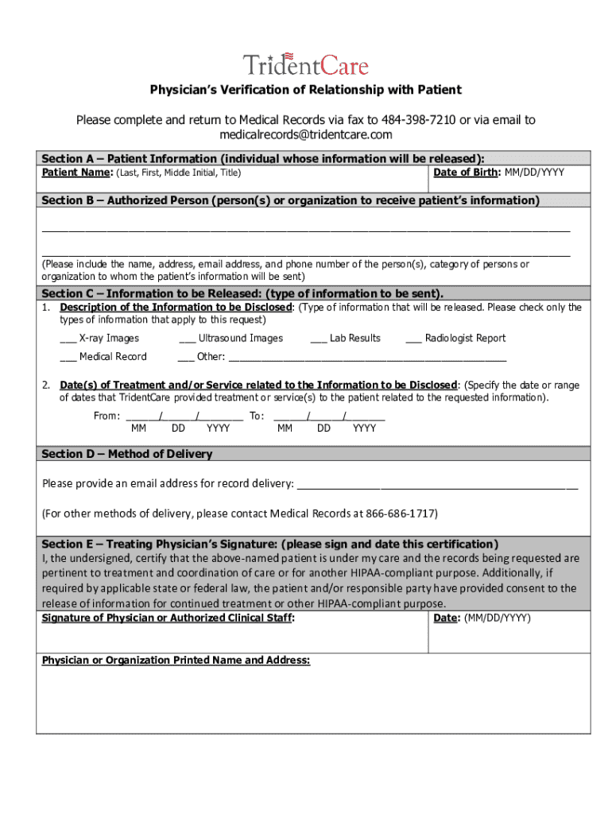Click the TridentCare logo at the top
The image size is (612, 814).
coord(306,64)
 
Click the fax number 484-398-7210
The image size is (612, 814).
coord(419,120)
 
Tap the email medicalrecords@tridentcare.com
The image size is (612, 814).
coord(306,135)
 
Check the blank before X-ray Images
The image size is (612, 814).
coord(68,339)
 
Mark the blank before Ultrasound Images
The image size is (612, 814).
coord(187,339)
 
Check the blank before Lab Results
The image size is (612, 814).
coord(318,339)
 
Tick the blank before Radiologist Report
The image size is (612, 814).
coord(413,339)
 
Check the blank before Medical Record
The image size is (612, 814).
coord(68,358)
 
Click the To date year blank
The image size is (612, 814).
coord(366,415)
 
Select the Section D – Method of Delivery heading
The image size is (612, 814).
coord(127,454)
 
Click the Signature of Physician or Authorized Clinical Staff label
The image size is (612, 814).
coord(168,618)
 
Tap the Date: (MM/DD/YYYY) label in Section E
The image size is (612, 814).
coord(482,618)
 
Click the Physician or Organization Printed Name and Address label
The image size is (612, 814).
coord(176,661)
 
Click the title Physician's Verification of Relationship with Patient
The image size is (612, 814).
coord(306,90)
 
